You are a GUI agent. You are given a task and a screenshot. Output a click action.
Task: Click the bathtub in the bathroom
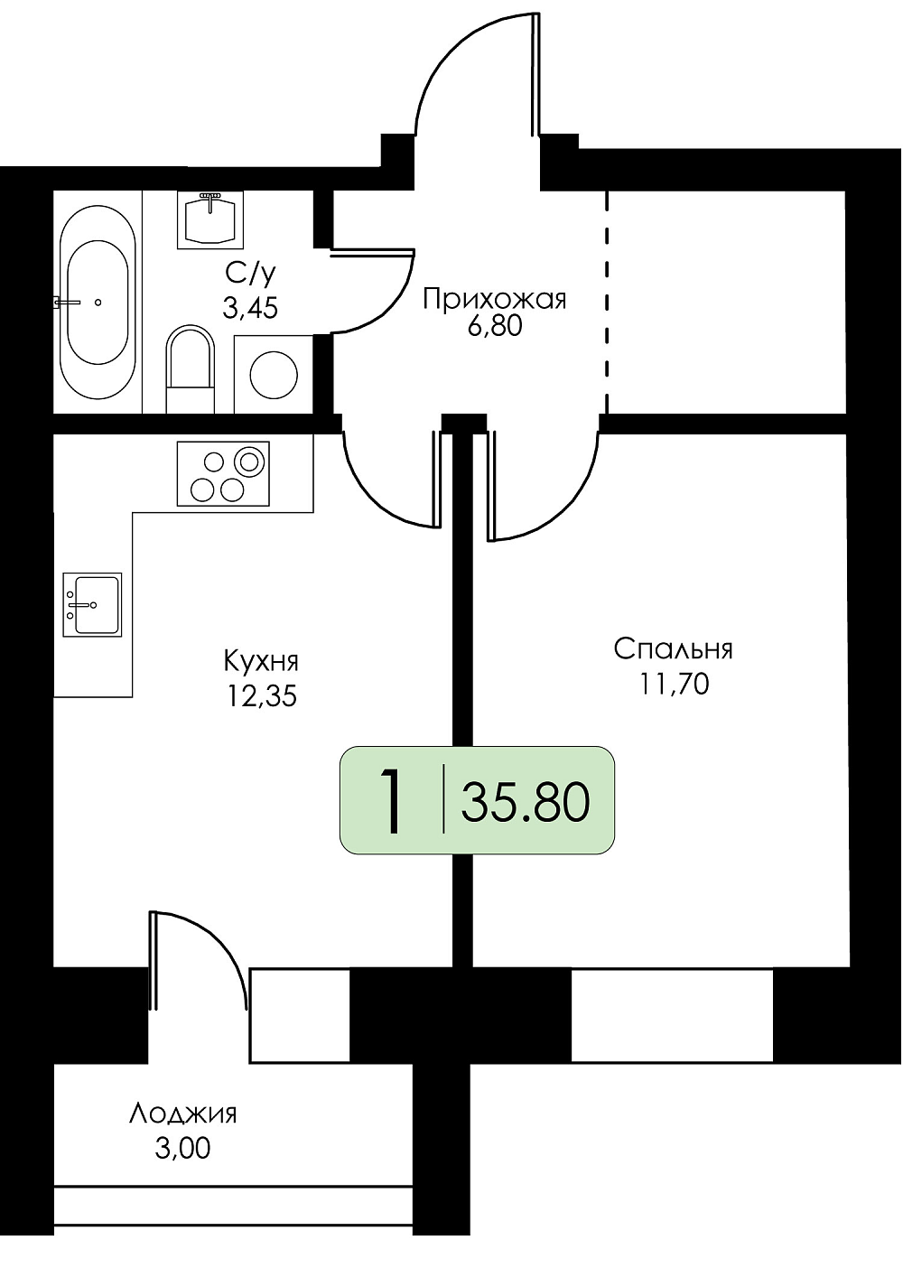98,303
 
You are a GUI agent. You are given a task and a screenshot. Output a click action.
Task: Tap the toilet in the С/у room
191,368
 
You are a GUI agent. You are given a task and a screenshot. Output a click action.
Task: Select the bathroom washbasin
210,219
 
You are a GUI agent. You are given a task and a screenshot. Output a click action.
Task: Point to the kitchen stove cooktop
223,473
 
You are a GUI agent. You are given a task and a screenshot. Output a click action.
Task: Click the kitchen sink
92,604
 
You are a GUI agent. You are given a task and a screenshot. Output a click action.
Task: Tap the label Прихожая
494,299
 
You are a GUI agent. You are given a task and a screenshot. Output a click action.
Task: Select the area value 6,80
494,327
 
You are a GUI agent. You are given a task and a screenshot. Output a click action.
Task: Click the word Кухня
261,661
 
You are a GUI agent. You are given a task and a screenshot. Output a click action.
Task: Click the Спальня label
673,648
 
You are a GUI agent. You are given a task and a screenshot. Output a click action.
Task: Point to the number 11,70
675,684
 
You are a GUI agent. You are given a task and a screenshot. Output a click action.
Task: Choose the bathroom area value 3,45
250,309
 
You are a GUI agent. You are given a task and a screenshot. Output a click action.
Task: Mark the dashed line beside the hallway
608,303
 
